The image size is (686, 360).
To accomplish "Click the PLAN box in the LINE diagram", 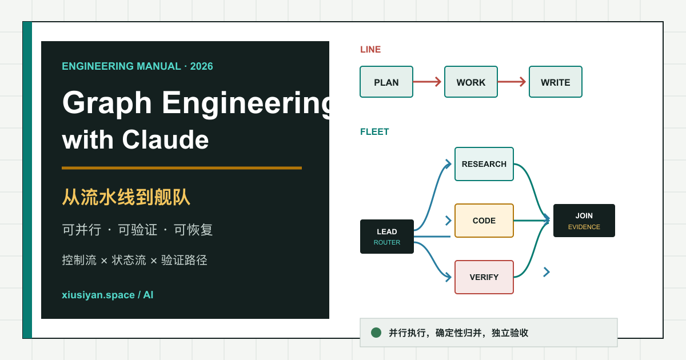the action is point(386,82).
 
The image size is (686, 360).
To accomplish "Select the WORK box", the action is point(470,82).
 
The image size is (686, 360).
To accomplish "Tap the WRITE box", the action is point(556,82).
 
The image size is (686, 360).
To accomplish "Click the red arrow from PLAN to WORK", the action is point(427,82).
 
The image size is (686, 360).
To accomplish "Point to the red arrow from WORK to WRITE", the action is point(512,82).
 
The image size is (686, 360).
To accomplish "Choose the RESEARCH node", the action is point(484,164).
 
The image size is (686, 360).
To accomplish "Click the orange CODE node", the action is point(484,221).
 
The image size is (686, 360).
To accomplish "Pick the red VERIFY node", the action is point(484,277).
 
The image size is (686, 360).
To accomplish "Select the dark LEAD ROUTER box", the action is point(387,237).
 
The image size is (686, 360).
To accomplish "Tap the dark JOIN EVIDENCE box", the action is point(584,221).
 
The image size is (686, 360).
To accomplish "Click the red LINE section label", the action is point(370,50).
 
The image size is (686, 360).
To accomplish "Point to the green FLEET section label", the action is point(374,132).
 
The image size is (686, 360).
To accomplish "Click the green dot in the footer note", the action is point(376,333).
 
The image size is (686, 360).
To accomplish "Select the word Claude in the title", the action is point(165,139).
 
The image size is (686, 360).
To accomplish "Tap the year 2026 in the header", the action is point(201,66).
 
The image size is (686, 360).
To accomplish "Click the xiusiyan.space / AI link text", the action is point(107,295).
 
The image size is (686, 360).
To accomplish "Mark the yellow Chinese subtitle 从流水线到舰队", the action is point(126,197).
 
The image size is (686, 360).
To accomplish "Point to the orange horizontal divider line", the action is point(182,168).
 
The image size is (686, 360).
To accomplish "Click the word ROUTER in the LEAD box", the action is point(387,242).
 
